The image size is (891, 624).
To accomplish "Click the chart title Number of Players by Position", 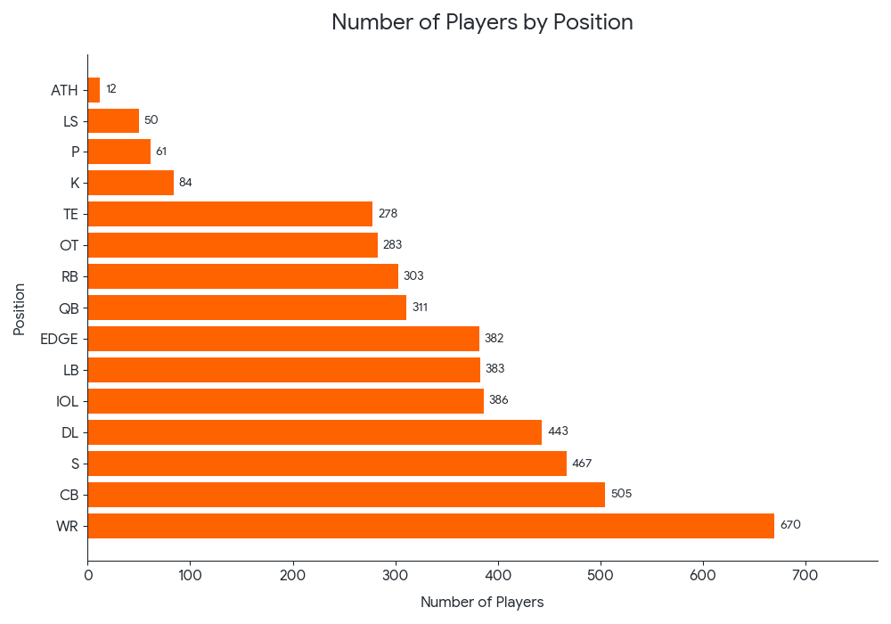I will [x=482, y=22].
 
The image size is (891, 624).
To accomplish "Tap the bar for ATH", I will [x=94, y=89].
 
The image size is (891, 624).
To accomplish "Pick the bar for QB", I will [x=247, y=308].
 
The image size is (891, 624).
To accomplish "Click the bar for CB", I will [x=347, y=495].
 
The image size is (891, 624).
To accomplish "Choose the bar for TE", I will [x=230, y=214].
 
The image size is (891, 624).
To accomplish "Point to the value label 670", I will [x=790, y=525].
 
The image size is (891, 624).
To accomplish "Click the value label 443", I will [x=558, y=431].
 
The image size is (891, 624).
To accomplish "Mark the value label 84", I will [x=185, y=183].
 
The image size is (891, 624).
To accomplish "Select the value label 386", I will [x=498, y=400].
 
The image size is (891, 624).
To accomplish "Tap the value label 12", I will [x=111, y=89].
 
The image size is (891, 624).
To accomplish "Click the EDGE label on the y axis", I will [x=59, y=339].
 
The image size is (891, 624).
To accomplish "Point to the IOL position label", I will [x=67, y=401].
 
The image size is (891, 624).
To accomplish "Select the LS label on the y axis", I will [x=70, y=120].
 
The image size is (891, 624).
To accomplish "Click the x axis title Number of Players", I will [x=482, y=603].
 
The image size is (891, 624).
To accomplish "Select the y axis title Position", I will [x=20, y=308].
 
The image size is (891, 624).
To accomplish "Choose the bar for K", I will [x=131, y=183].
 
